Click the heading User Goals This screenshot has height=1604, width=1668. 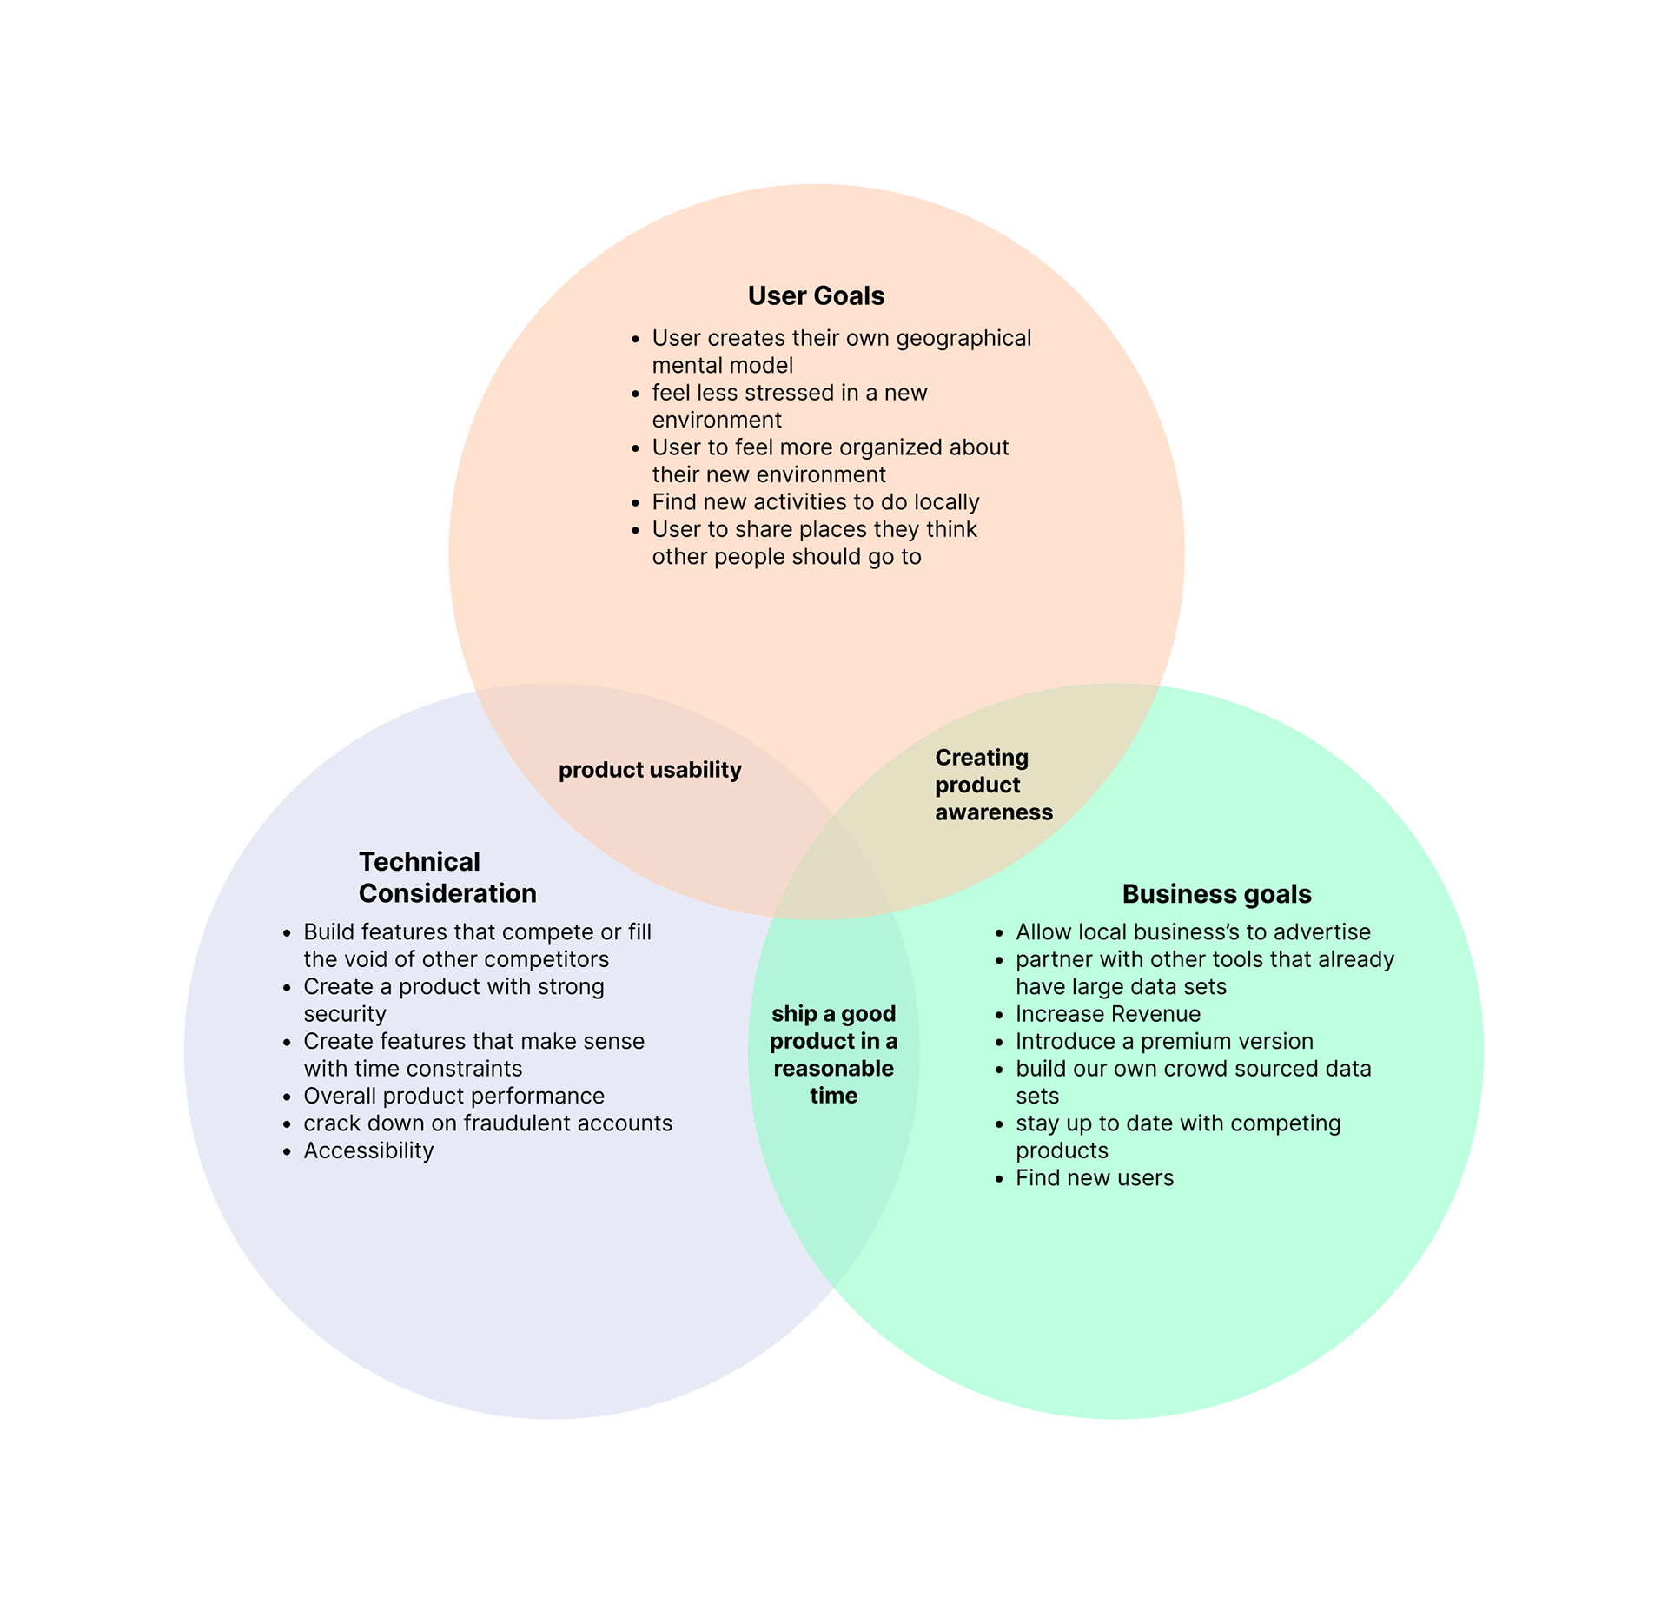click(x=816, y=296)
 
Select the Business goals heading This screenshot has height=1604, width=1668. click(x=1216, y=894)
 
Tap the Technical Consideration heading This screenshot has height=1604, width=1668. click(x=447, y=878)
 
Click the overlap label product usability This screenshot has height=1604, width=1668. click(x=650, y=770)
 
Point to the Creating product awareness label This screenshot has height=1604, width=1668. click(x=993, y=785)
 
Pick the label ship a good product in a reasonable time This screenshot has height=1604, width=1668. click(x=833, y=1054)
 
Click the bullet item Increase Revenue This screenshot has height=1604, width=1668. click(x=1108, y=1014)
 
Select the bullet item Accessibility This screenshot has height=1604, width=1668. click(x=368, y=1150)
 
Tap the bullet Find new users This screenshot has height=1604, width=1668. click(x=1095, y=1178)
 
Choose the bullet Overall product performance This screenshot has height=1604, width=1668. click(x=453, y=1096)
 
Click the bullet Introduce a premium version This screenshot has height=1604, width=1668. click(x=1164, y=1041)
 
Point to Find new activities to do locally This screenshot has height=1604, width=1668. click(x=815, y=502)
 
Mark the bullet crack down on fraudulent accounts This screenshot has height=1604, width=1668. click(x=487, y=1123)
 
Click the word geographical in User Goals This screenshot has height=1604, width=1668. click(x=963, y=338)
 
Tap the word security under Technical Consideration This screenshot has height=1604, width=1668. click(x=345, y=1014)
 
